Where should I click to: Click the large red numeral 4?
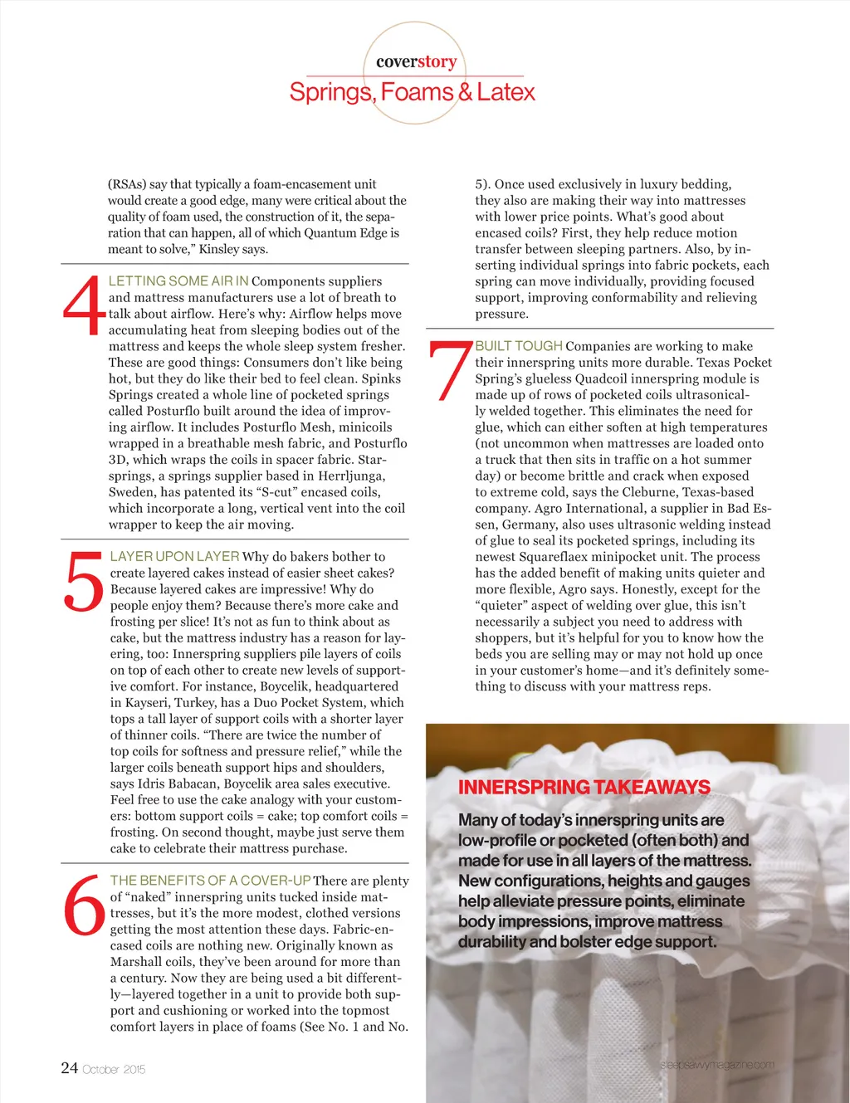point(85,306)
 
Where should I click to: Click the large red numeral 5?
point(85,582)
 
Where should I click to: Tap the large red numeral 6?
point(85,905)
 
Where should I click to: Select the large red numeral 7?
point(449,371)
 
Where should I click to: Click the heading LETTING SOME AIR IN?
point(178,281)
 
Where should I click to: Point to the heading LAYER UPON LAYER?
point(174,556)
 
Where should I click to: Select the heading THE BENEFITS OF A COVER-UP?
point(210,880)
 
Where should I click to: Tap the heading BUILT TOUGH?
point(519,346)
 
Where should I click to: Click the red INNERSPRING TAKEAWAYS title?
point(584,788)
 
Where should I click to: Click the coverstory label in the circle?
point(416,62)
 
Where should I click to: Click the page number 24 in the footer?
point(69,1068)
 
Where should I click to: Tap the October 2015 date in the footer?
point(114,1070)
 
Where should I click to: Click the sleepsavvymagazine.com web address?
point(717,1065)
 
